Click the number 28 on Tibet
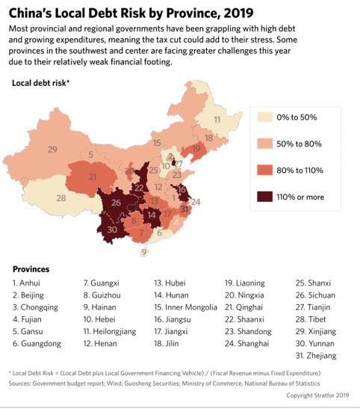pyautogui.click(x=61, y=198)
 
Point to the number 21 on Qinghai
pyautogui.click(x=93, y=177)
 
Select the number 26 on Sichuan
pyautogui.click(x=117, y=203)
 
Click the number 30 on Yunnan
pyautogui.click(x=112, y=229)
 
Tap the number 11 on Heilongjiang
pyautogui.click(x=217, y=120)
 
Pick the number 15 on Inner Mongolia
pyautogui.click(x=157, y=143)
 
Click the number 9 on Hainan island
pyautogui.click(x=144, y=252)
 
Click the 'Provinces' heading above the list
pyautogui.click(x=31, y=268)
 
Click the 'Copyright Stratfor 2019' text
pyautogui.click(x=317, y=395)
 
